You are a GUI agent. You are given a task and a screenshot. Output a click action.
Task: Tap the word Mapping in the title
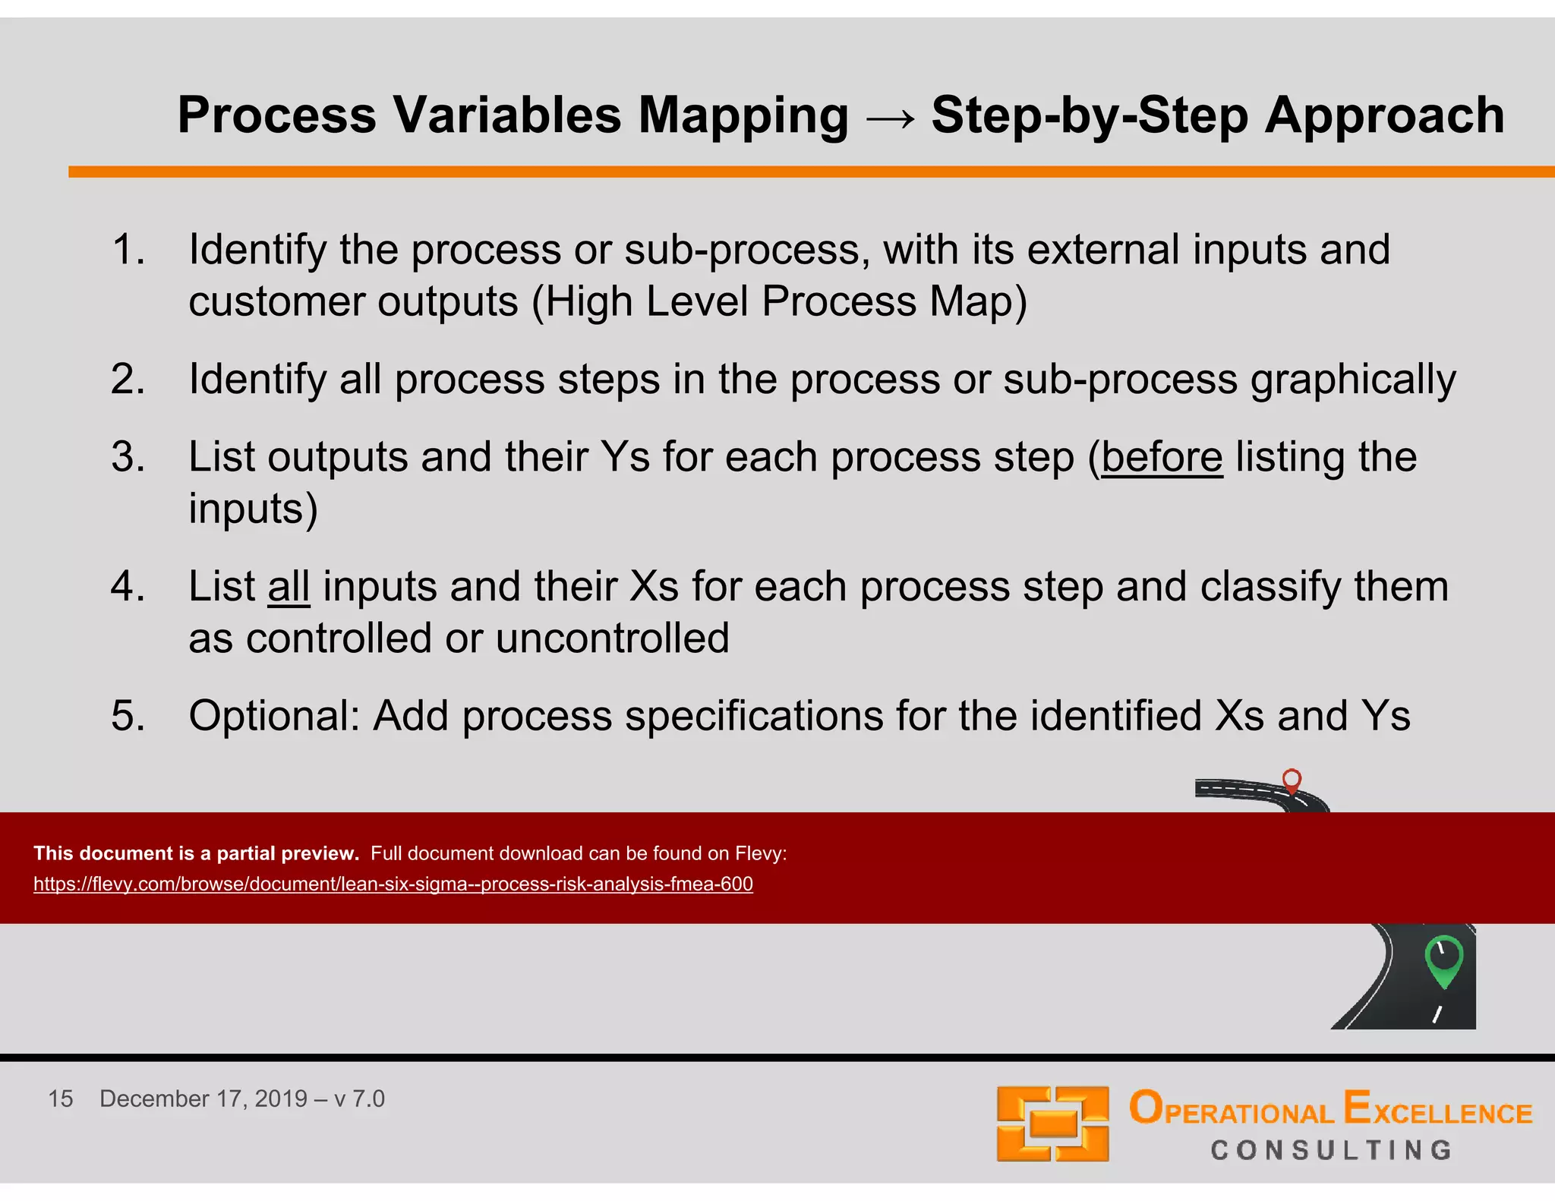[x=743, y=116]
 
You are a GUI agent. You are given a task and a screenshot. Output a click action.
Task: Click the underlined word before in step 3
[x=1162, y=458]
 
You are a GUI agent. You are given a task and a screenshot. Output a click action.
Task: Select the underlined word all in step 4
[x=289, y=587]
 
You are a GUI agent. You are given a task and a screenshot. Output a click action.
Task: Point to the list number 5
[x=128, y=716]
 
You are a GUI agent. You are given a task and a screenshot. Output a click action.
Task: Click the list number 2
[x=128, y=379]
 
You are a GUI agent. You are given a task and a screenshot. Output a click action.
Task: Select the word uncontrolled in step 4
[x=612, y=638]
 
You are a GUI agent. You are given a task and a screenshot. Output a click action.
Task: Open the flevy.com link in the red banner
[x=393, y=884]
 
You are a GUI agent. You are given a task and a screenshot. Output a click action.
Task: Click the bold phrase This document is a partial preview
[x=196, y=853]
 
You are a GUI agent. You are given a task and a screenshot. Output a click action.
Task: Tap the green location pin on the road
[x=1443, y=958]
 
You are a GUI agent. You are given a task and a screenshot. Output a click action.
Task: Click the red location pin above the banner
[x=1292, y=780]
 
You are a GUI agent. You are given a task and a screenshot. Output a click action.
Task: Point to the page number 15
[x=61, y=1099]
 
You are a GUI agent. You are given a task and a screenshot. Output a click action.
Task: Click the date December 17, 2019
[x=203, y=1099]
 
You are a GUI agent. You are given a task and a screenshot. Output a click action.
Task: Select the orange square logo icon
[x=1052, y=1124]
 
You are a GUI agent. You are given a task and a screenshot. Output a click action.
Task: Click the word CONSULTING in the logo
[x=1331, y=1150]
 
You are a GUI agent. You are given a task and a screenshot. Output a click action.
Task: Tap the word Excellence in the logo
[x=1437, y=1109]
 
